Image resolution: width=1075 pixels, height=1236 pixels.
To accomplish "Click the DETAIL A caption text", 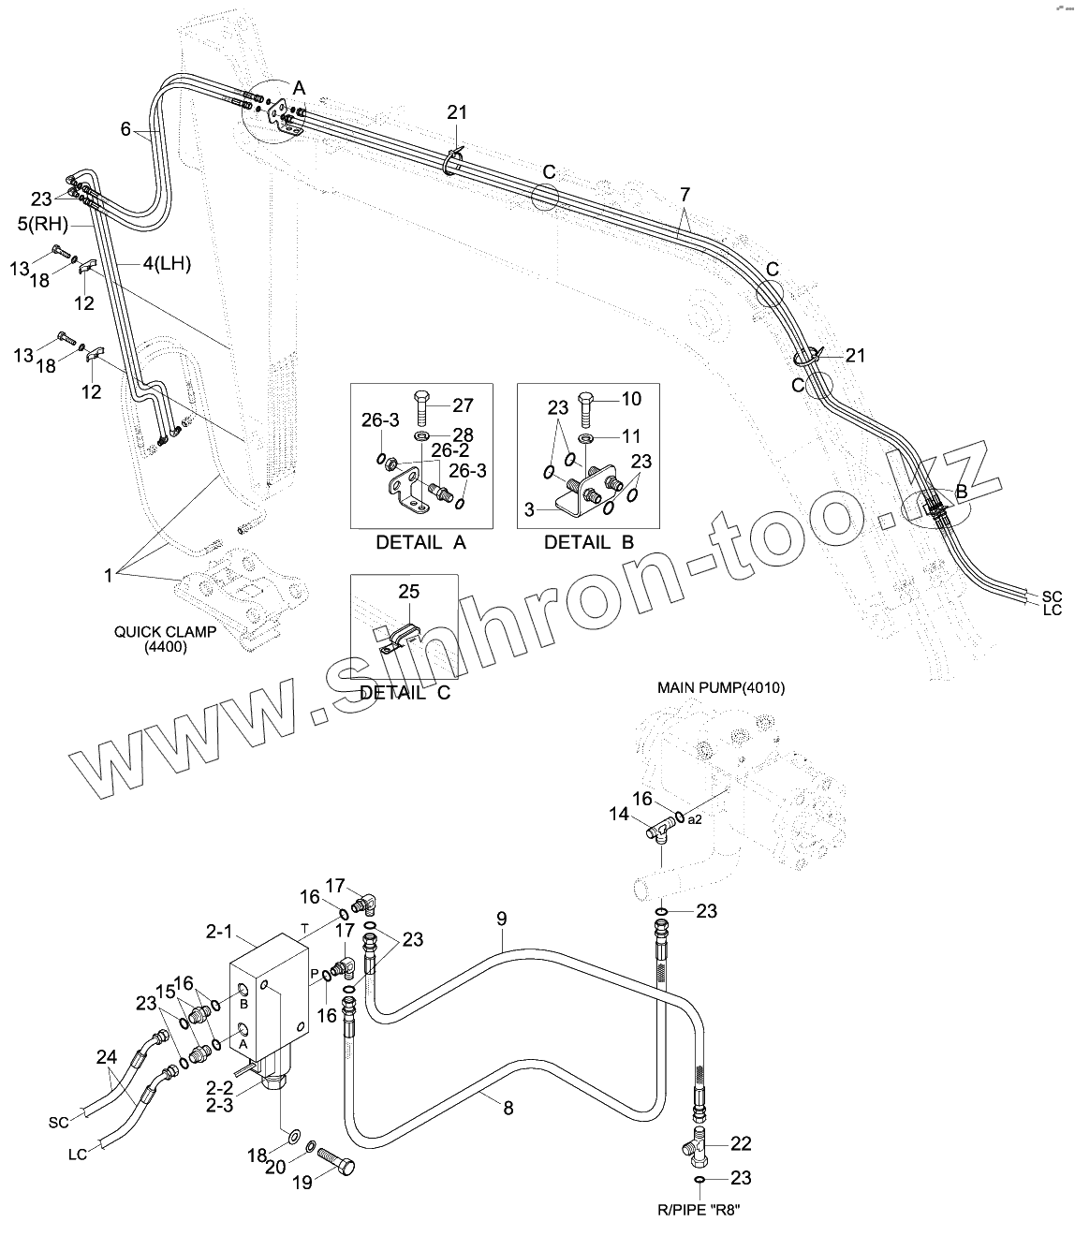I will click(420, 542).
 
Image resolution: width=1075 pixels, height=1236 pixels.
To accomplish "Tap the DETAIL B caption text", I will click(589, 542).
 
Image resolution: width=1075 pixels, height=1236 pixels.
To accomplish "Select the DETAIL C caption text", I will click(405, 693).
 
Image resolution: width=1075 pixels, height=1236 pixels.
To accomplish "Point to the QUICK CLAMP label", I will click(166, 632).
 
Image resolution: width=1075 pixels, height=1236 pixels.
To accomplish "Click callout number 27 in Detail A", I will click(463, 405).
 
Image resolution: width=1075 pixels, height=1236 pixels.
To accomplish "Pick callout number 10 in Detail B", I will click(632, 400).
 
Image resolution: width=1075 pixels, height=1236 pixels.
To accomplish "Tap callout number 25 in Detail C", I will click(408, 592).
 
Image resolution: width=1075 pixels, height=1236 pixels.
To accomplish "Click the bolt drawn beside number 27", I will click(422, 407).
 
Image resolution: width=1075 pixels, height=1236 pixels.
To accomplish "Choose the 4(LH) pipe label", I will click(167, 265).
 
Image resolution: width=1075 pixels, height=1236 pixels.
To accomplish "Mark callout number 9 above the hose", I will click(501, 920).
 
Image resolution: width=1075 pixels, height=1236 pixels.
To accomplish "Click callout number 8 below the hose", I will click(508, 1109).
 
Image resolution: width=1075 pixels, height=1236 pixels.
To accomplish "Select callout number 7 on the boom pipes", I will click(685, 195).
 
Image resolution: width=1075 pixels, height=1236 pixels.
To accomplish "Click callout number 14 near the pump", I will click(619, 815).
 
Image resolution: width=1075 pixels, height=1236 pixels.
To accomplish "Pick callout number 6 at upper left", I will click(125, 129).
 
